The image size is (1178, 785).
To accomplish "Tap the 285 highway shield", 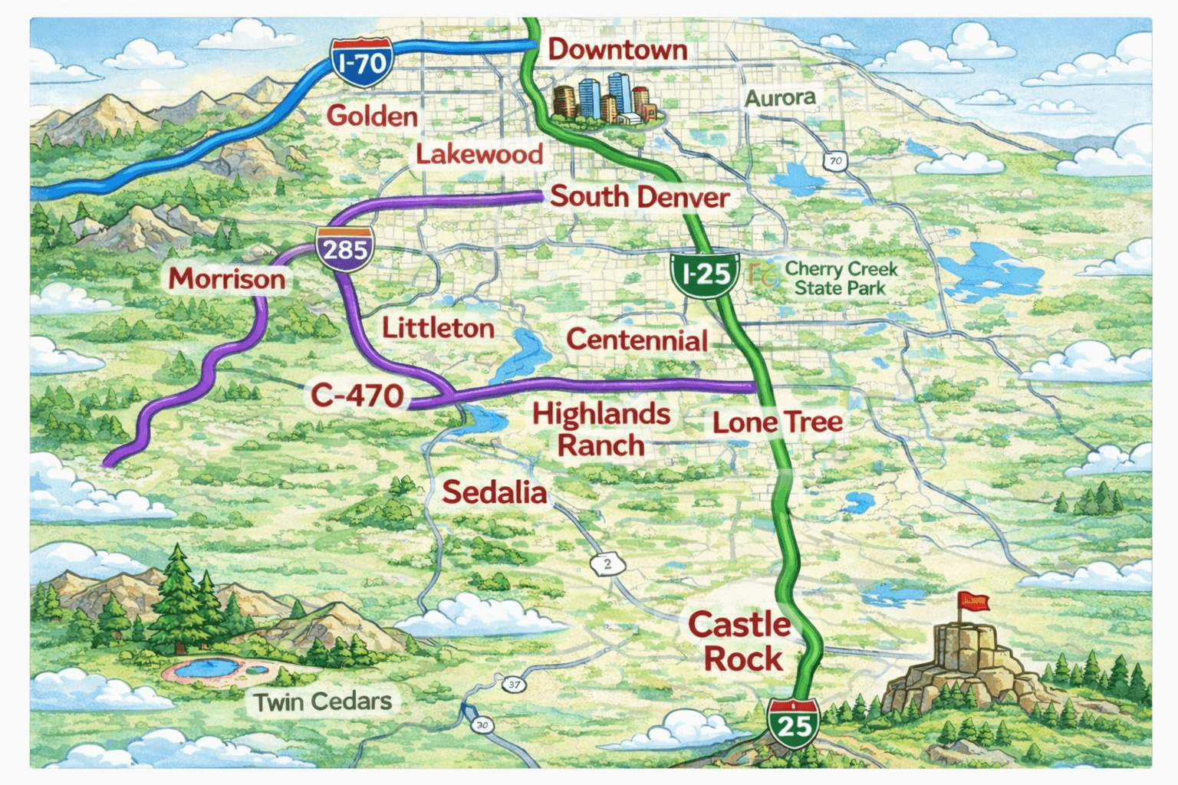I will [345, 249].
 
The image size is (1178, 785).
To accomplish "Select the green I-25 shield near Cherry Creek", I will [704, 273].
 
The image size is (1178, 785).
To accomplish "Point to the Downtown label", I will [617, 50].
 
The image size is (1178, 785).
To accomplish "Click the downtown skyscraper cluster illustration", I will [604, 100].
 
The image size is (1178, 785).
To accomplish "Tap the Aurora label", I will [780, 98].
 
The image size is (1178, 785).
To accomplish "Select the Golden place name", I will [372, 117].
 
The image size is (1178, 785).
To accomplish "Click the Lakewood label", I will [479, 154].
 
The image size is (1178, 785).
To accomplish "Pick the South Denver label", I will [640, 197].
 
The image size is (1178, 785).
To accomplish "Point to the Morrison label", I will [227, 278].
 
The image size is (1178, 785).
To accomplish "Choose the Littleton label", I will [438, 328].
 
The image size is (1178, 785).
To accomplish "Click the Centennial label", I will [637, 340].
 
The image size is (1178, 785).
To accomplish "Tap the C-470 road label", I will [357, 396].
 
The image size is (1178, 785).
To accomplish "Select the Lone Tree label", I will [777, 422].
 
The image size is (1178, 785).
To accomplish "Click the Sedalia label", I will [495, 492].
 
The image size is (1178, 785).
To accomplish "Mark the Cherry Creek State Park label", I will [841, 278].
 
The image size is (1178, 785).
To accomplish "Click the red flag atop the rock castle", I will [972, 601].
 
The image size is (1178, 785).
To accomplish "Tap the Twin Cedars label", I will [322, 701].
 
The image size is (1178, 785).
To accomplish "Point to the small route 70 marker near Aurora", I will [835, 161].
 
